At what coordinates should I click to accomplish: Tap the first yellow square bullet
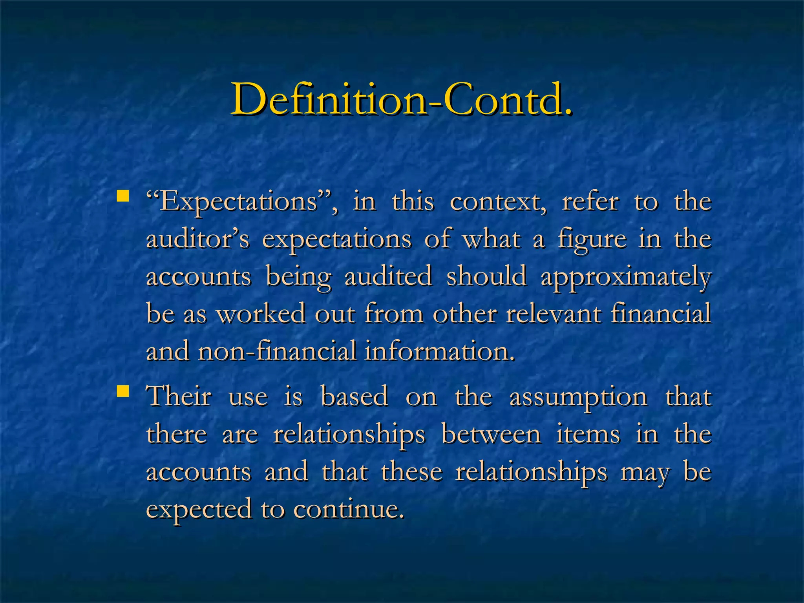click(x=123, y=196)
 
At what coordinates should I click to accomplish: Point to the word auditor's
click(x=197, y=239)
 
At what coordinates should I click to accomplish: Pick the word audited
click(x=388, y=276)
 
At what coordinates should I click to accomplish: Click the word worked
click(x=261, y=314)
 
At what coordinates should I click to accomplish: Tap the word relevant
click(x=553, y=314)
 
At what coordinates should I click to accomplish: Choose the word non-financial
click(x=277, y=351)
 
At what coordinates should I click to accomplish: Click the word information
click(x=439, y=351)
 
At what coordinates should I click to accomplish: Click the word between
click(x=491, y=434)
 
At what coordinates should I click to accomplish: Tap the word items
click(x=588, y=434)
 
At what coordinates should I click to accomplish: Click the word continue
click(x=349, y=509)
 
